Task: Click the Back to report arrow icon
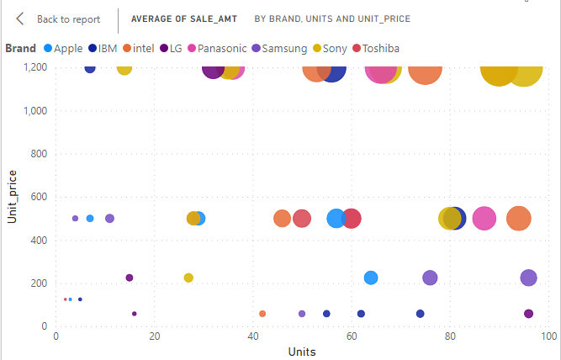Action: coord(20,19)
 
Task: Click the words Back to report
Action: coord(68,19)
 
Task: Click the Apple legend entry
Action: coord(62,48)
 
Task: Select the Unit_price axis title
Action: coord(12,198)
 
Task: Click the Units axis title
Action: coord(302,352)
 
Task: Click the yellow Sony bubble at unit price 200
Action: coord(188,278)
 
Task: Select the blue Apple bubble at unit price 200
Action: coord(371,278)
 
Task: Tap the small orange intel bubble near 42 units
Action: coord(262,314)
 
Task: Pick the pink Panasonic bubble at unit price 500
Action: coord(484,219)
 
